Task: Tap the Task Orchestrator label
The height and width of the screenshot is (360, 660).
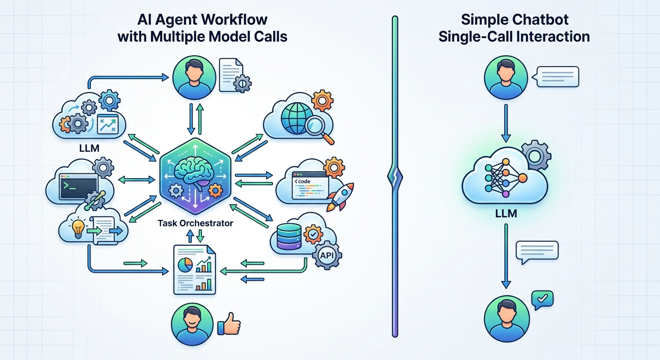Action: click(x=195, y=223)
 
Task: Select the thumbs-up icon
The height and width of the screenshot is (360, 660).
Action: click(x=229, y=324)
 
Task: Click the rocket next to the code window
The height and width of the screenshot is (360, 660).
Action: click(x=340, y=197)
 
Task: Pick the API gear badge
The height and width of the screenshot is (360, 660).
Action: click(x=327, y=255)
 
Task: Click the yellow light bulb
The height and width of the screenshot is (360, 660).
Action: click(x=78, y=229)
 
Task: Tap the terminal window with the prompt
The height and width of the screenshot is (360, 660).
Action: click(x=78, y=186)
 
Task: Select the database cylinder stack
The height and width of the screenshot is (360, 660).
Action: click(x=289, y=236)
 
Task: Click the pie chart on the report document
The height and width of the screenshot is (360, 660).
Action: click(x=185, y=264)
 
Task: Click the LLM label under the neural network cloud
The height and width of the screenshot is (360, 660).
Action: click(x=506, y=213)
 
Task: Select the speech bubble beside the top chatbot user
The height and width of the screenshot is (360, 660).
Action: click(x=555, y=76)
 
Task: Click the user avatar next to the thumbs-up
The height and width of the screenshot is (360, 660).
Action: click(x=192, y=324)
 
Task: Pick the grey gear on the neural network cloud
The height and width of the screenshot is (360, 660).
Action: click(x=537, y=155)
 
